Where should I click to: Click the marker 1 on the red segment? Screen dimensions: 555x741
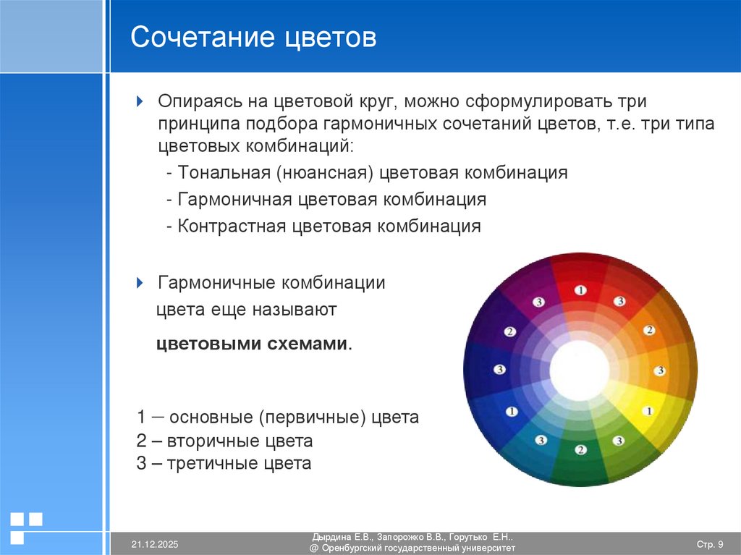pyautogui.click(x=580, y=290)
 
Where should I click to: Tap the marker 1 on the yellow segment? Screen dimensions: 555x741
pyautogui.click(x=648, y=411)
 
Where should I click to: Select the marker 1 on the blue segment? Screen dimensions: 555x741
pyautogui.click(x=512, y=411)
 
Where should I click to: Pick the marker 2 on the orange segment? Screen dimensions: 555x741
pyautogui.click(x=649, y=330)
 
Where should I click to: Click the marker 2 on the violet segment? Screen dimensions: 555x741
pyautogui.click(x=510, y=331)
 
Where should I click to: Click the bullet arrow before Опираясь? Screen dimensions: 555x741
pyautogui.click(x=141, y=99)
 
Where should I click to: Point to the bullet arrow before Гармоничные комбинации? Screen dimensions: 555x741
pyautogui.click(x=141, y=282)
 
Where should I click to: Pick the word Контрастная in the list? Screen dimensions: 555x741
pyautogui.click(x=232, y=226)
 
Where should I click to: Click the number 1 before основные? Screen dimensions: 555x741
pyautogui.click(x=141, y=418)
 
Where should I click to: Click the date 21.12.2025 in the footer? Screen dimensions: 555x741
pyautogui.click(x=155, y=544)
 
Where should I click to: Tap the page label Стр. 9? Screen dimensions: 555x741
pyautogui.click(x=709, y=544)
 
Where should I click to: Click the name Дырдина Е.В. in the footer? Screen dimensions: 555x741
pyautogui.click(x=342, y=538)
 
